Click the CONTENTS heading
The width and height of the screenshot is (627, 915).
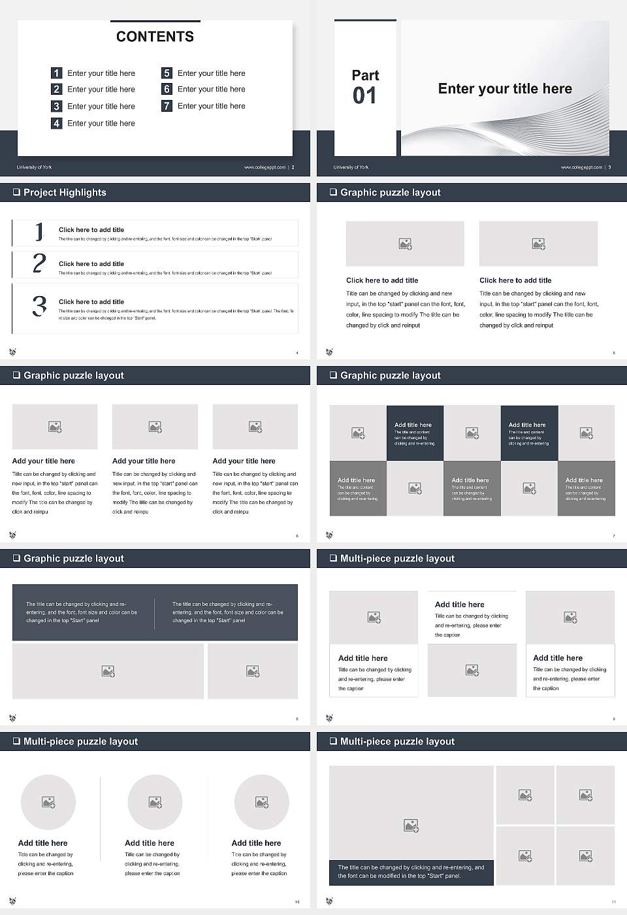click(x=155, y=37)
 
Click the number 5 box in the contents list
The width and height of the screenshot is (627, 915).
click(x=167, y=73)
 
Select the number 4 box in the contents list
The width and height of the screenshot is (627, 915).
click(x=57, y=123)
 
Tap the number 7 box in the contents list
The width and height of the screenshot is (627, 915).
click(x=167, y=106)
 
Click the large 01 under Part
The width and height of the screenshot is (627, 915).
click(x=364, y=96)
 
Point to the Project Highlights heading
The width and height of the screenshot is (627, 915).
click(x=65, y=192)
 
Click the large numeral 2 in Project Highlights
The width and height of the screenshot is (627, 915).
click(x=39, y=263)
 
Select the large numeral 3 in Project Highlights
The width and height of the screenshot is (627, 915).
click(x=40, y=306)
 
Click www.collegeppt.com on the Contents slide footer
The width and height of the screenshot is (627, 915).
click(x=265, y=167)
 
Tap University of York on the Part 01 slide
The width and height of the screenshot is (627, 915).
click(x=351, y=167)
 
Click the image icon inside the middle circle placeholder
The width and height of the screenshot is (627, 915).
click(x=155, y=802)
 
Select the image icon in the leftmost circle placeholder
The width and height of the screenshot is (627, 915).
click(x=48, y=802)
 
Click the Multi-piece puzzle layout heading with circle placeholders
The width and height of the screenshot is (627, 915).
click(x=80, y=741)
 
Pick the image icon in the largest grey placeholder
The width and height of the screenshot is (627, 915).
click(x=411, y=825)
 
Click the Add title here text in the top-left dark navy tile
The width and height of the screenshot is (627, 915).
click(x=413, y=425)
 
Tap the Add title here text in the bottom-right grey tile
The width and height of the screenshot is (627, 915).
click(x=584, y=480)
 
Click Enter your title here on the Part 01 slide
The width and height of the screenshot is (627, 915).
click(x=505, y=89)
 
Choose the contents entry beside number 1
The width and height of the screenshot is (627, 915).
click(x=101, y=73)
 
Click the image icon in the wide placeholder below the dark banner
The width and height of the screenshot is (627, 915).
click(x=108, y=671)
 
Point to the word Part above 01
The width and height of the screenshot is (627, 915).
click(x=365, y=75)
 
